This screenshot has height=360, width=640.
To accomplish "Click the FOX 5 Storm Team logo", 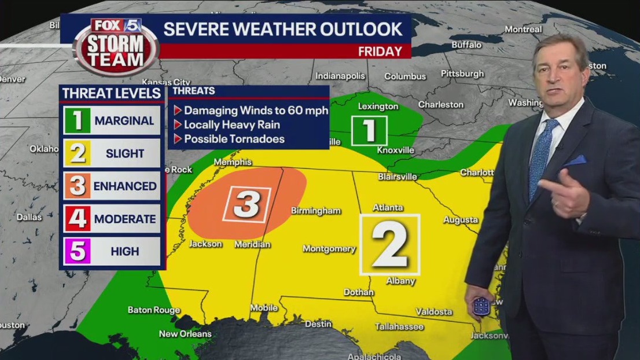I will (x=116, y=46).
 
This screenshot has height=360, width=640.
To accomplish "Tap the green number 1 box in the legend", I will (x=77, y=121).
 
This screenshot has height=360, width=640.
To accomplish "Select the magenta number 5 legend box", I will (x=77, y=252).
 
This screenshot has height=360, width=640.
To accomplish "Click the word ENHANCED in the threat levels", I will (x=125, y=186).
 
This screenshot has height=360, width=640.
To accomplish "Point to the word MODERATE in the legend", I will (x=125, y=219).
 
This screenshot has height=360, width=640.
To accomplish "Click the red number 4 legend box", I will (x=77, y=219).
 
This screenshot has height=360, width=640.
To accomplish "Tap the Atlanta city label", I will (x=388, y=207).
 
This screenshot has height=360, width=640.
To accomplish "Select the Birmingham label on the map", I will (x=315, y=211).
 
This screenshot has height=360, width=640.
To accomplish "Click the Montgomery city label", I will (x=329, y=249).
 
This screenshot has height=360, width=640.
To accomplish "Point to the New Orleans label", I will (x=185, y=333).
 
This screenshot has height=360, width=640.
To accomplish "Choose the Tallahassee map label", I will (x=399, y=326).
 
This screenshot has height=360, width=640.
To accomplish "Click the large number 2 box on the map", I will (x=389, y=244).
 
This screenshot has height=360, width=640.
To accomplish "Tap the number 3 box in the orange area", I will (x=247, y=204).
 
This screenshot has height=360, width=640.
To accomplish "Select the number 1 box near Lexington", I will (x=369, y=131).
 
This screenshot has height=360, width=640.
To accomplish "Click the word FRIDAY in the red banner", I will (x=380, y=52).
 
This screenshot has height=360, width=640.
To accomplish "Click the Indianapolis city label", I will (x=340, y=76).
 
